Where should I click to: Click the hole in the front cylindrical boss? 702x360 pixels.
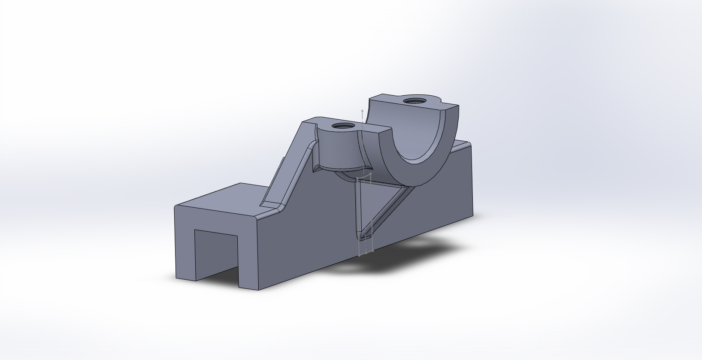[344, 126]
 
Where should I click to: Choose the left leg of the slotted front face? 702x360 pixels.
[185, 249]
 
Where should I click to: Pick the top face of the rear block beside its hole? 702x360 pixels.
[386, 103]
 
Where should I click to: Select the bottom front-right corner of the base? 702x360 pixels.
[259, 290]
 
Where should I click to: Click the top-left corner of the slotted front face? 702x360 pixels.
[175, 207]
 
